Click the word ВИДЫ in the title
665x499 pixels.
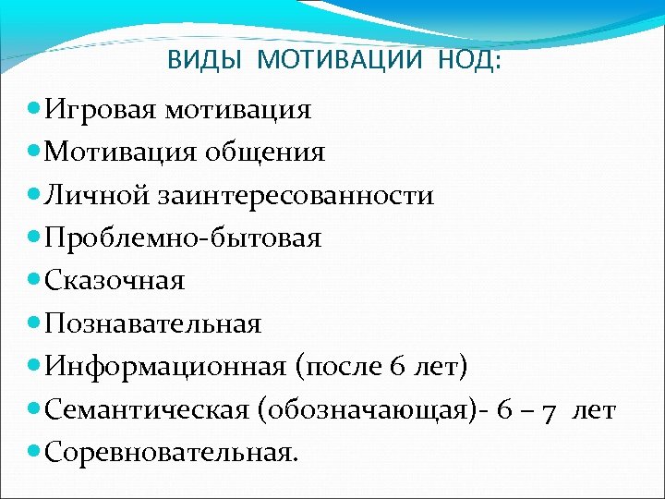coord(206,60)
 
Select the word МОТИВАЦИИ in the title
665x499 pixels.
coord(341,60)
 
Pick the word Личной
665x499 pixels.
coord(96,196)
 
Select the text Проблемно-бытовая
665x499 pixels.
coord(182,238)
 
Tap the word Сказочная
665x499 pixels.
coord(115,281)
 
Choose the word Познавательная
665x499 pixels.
coord(152,324)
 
